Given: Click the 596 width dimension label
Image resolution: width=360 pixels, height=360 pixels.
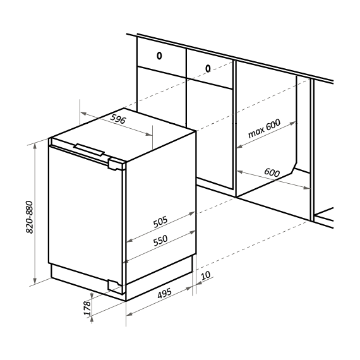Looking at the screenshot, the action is [x=118, y=119].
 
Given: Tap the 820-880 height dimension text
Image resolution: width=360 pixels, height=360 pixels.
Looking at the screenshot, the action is [x=30, y=217].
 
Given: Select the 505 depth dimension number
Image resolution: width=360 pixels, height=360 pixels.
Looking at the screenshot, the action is [x=160, y=222].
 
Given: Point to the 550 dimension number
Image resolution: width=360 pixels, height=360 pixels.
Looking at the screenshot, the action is [x=160, y=241].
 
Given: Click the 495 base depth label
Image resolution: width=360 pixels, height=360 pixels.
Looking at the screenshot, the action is [x=164, y=293].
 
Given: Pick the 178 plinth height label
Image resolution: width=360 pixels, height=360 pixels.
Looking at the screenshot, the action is [x=87, y=308].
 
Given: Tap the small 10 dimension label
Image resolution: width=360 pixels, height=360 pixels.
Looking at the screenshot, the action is [x=206, y=275].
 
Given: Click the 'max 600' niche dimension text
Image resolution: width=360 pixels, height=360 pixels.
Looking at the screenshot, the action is [x=264, y=128].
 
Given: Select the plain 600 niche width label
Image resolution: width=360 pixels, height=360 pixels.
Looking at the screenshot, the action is [x=272, y=172].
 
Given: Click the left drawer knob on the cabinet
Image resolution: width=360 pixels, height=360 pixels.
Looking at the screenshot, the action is [x=159, y=56].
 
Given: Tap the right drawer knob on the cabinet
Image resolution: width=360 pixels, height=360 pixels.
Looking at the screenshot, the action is [x=208, y=68].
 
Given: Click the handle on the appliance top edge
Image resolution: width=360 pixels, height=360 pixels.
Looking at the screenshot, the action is [x=89, y=150].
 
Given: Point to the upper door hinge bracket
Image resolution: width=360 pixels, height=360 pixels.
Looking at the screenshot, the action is [x=117, y=164].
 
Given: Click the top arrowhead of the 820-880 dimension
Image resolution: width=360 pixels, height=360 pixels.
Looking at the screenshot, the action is [x=35, y=145].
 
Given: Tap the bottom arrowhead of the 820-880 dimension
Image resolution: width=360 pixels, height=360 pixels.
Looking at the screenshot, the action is [x=35, y=281].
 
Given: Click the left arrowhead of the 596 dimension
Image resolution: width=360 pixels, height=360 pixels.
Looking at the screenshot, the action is [x=83, y=113].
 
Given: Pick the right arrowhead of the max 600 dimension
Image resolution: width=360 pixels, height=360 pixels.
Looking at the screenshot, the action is [x=292, y=124].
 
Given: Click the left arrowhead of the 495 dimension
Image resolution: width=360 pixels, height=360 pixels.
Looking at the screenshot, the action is [x=129, y=314].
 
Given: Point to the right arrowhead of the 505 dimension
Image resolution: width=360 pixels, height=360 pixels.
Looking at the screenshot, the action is [x=192, y=213].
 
